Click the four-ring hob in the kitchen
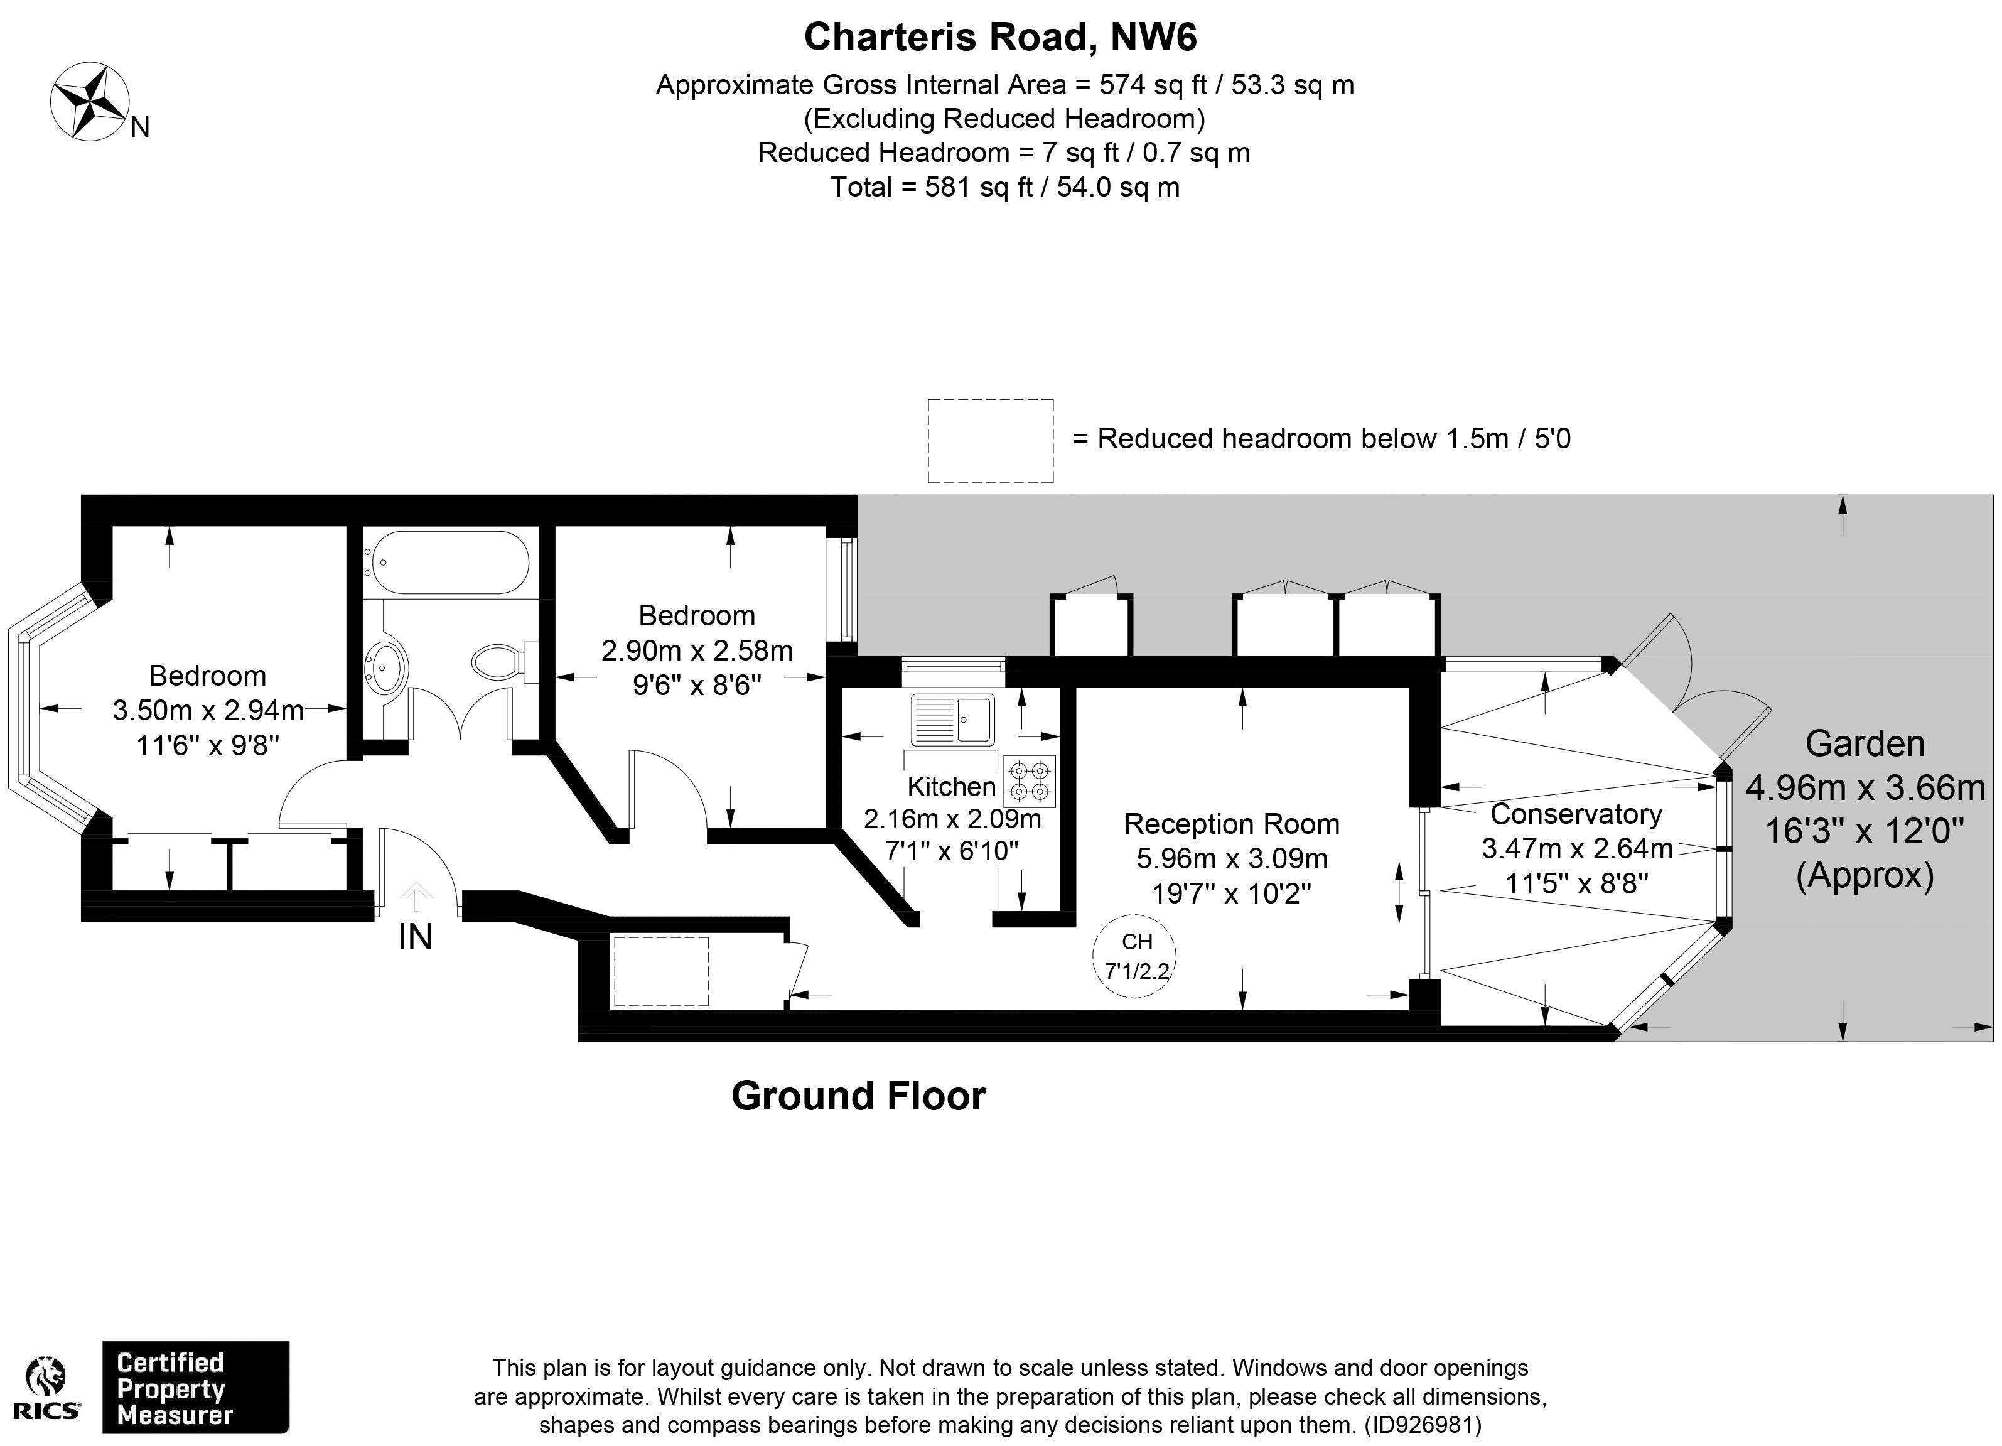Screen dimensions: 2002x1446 (x=1029, y=780)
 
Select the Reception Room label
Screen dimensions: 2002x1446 (x=1231, y=824)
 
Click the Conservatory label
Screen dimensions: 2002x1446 (x=1576, y=813)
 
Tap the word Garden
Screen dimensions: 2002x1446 (x=1865, y=743)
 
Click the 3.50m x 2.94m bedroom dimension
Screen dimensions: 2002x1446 (x=208, y=710)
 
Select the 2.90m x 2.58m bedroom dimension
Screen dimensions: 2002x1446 (x=697, y=650)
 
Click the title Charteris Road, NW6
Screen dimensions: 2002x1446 (x=1000, y=37)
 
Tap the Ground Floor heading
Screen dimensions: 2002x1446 (x=858, y=1096)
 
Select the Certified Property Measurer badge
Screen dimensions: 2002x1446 (x=196, y=1388)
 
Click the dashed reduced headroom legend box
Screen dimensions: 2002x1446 (x=991, y=441)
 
